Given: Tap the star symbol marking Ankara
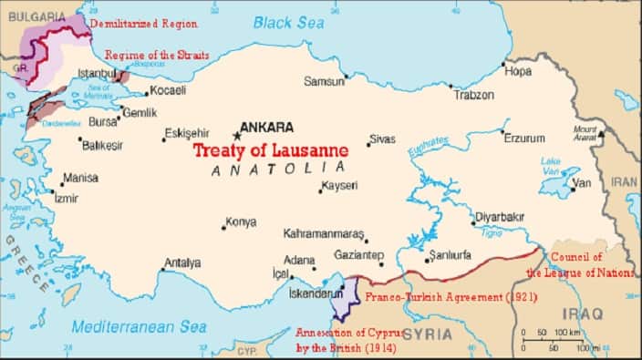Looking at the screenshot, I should pos(236,135).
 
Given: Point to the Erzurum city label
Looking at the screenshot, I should pos(524,139).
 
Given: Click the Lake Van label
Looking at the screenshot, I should pos(550,166).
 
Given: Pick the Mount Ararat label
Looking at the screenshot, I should pos(585,133).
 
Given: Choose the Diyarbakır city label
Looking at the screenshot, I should pos(498,219).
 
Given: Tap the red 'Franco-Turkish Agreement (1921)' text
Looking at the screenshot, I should pos(450,297).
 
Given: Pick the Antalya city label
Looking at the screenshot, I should pos(181,263).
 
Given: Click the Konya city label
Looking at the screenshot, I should pos(241,221).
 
